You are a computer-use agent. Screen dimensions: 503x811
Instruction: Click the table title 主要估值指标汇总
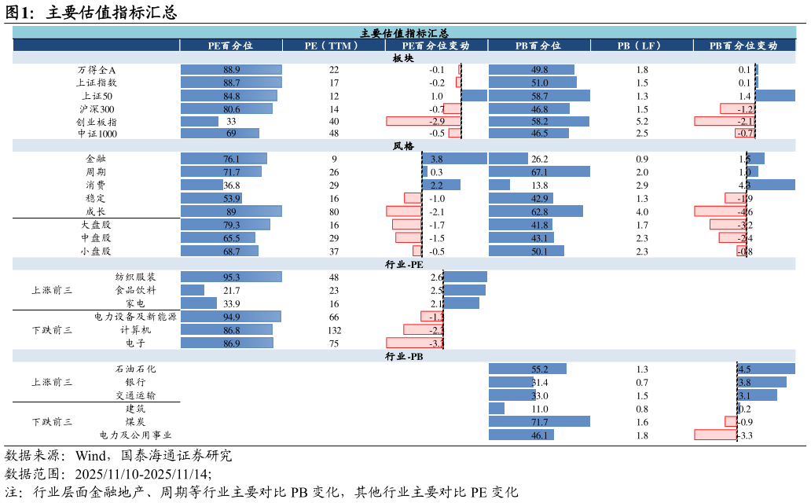404,33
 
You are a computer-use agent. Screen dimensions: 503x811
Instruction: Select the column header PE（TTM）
333,46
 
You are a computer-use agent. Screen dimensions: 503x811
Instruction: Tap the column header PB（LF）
641,46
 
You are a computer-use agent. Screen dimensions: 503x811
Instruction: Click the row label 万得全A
97,70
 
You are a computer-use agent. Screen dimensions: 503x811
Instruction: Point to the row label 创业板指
97,122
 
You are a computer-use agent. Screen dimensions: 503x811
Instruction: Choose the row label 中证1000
97,134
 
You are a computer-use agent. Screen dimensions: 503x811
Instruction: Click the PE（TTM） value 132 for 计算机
334,330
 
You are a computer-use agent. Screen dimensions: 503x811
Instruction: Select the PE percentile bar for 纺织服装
231,277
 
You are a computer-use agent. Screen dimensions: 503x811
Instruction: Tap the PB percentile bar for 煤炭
539,422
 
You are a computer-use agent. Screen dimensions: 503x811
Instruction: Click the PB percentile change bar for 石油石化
766,369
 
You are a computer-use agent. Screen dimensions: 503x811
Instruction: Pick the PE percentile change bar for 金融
454,159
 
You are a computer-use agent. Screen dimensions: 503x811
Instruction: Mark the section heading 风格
404,146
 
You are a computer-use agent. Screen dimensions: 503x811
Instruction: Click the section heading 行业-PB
404,356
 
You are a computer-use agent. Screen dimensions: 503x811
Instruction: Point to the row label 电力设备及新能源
135,317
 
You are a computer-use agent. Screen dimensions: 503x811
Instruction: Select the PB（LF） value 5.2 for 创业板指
642,122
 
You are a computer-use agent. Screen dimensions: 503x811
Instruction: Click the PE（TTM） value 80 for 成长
334,211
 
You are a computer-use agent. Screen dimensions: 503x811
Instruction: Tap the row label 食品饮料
135,290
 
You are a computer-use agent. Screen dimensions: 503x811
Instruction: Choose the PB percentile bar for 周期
539,172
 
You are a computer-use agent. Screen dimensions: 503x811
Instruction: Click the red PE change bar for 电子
415,343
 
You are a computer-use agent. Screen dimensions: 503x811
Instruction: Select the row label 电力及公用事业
135,435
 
